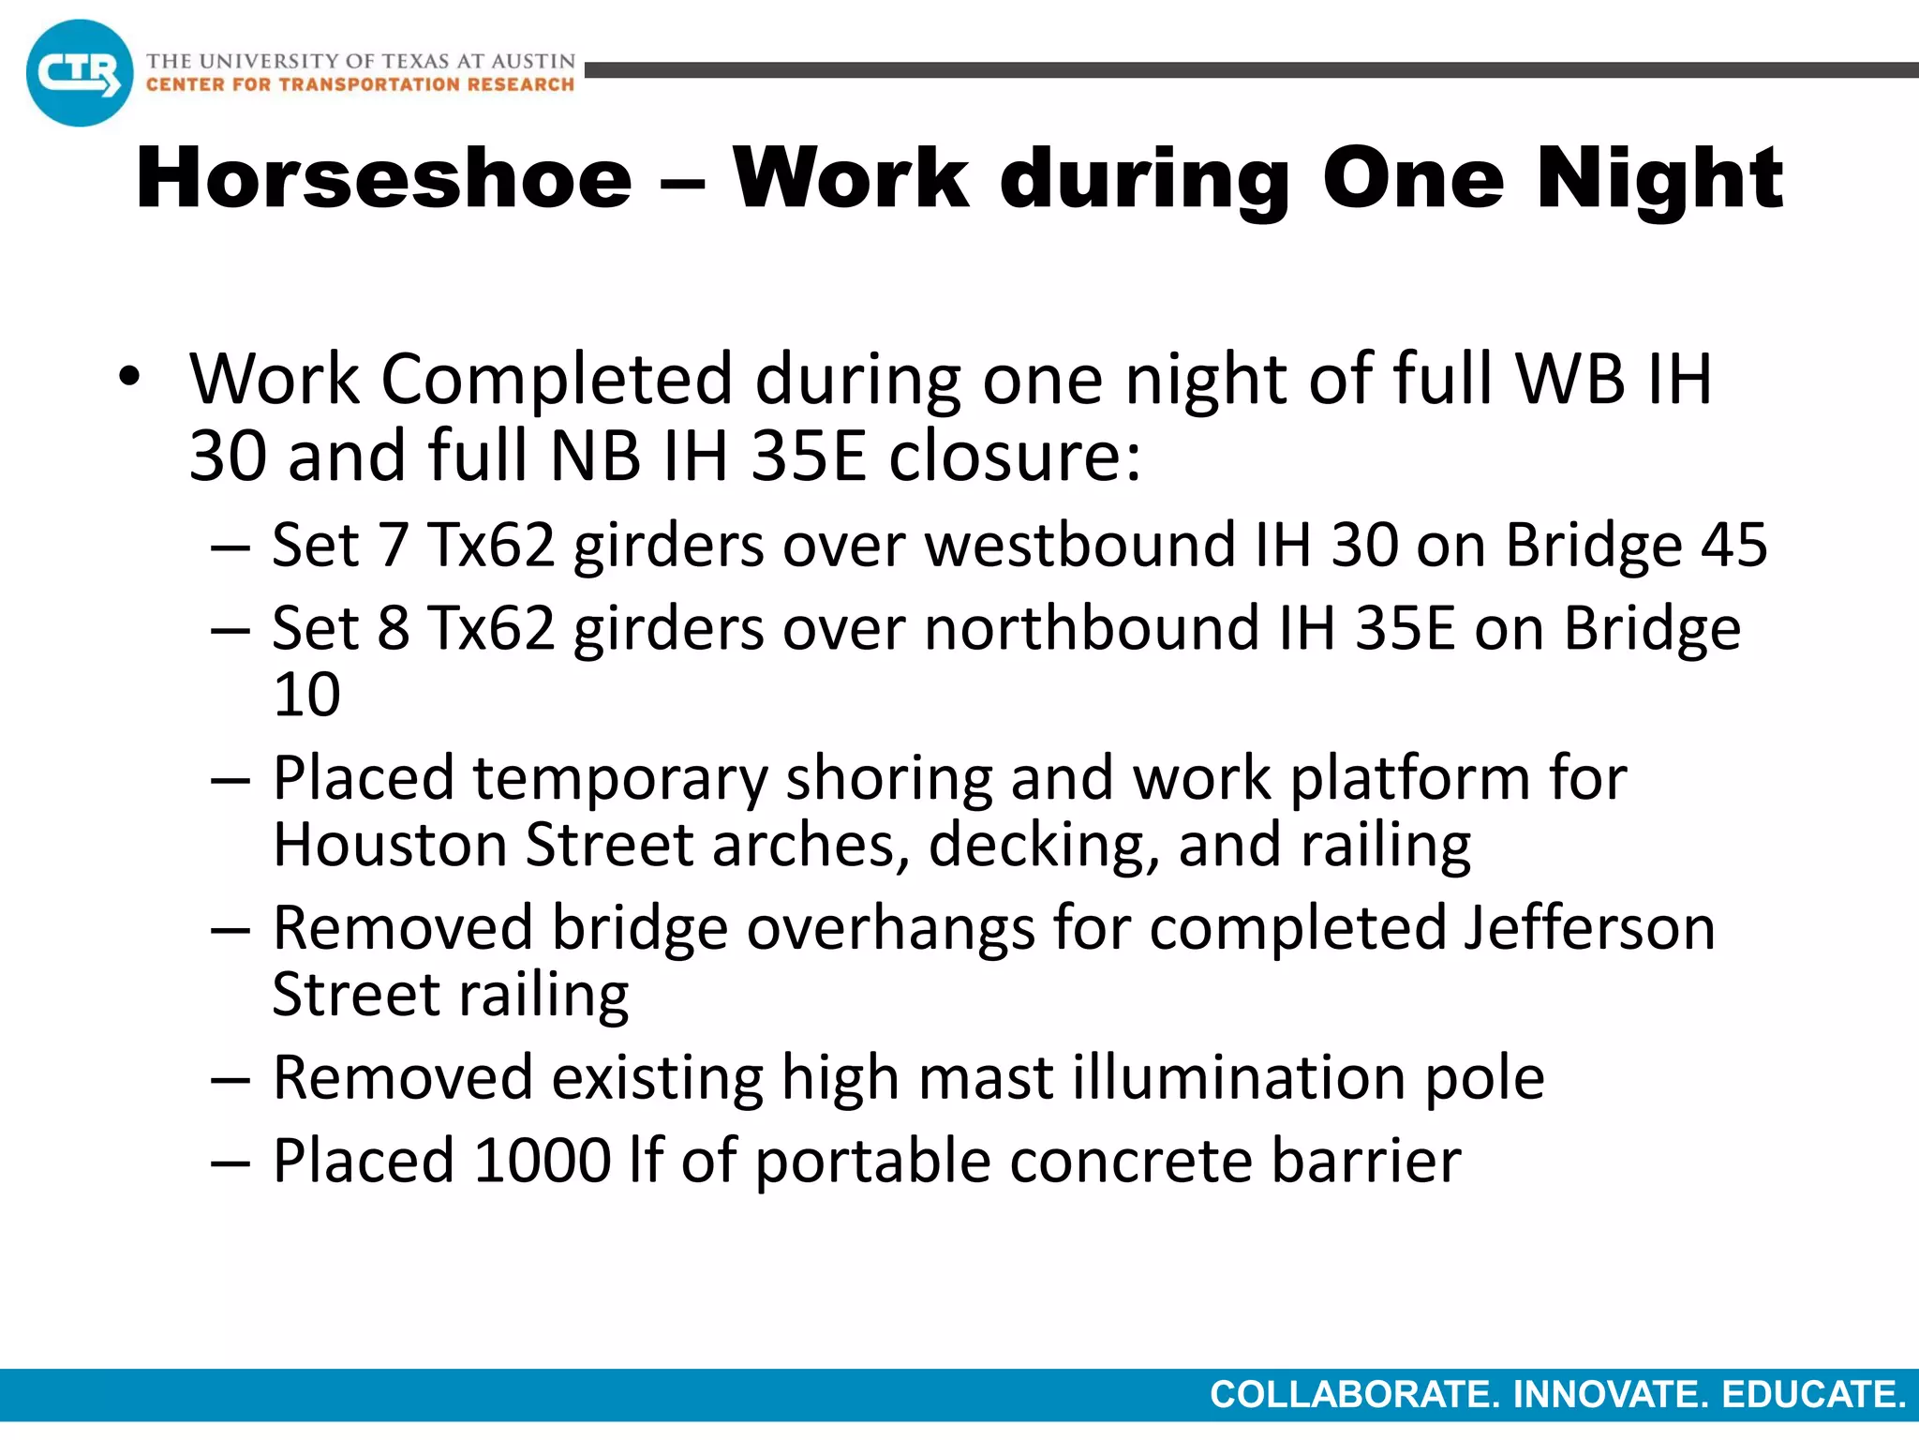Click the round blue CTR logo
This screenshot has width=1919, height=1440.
(80, 73)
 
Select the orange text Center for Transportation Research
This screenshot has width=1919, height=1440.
(360, 85)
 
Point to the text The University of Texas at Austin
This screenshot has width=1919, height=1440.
(361, 61)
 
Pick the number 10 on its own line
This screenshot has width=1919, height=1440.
(306, 695)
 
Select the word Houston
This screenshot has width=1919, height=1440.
(389, 845)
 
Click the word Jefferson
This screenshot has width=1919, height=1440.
(1589, 928)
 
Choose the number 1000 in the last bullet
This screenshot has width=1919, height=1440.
(543, 1161)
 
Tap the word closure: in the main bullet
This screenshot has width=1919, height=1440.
(1015, 457)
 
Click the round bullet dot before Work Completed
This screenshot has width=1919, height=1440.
(129, 379)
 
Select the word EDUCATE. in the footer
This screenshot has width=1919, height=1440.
(1814, 1395)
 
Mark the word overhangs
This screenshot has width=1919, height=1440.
(890, 928)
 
